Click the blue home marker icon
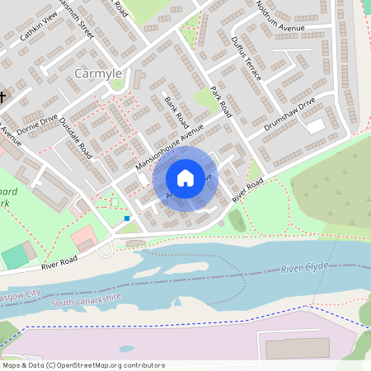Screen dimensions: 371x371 (x=185, y=178)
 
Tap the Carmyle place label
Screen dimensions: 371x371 (x=98, y=73)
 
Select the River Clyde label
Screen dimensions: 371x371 (x=304, y=267)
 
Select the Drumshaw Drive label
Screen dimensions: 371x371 (x=290, y=116)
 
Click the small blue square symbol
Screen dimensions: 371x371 (x=127, y=218)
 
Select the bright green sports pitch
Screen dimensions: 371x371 (x=14, y=256)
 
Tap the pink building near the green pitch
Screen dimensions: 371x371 (x=83, y=239)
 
